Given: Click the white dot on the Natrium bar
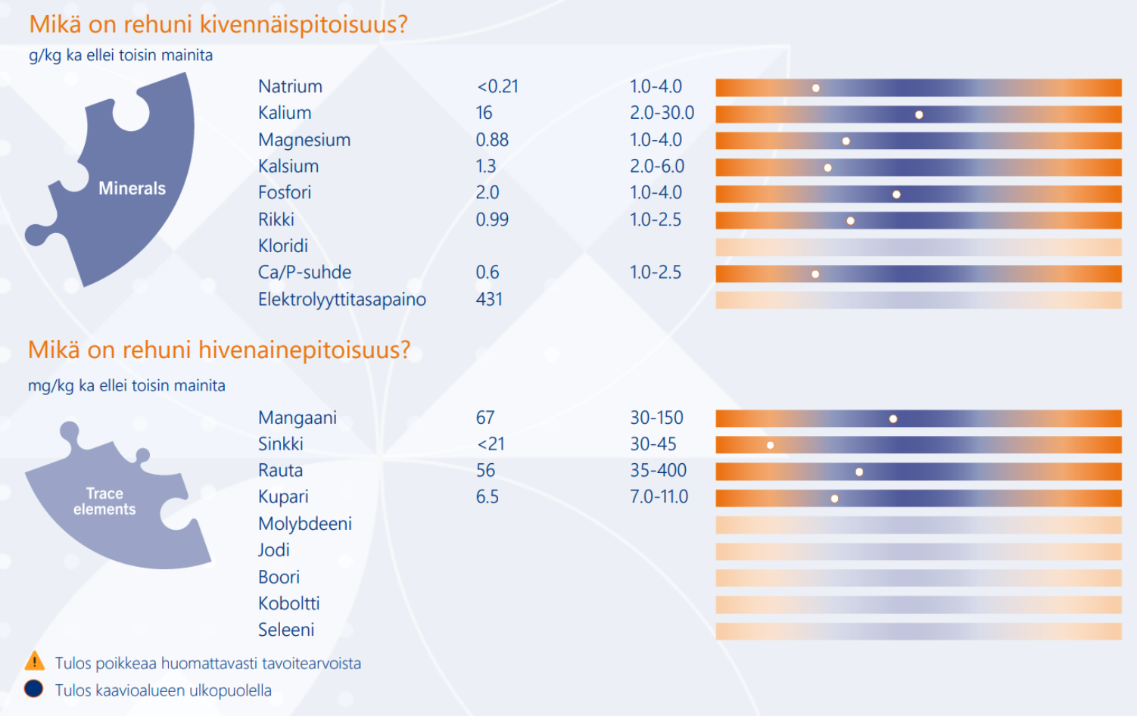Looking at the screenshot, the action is pyautogui.click(x=816, y=89).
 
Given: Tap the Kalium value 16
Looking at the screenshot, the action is pyautogui.click(x=484, y=113).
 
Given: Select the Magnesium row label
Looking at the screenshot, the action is pyautogui.click(x=304, y=139).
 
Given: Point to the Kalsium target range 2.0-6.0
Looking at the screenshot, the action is pyautogui.click(x=657, y=166).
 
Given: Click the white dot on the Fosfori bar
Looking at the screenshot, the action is pyautogui.click(x=896, y=195).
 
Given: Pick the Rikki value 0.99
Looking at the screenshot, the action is pyautogui.click(x=492, y=219).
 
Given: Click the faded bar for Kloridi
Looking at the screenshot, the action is pyautogui.click(x=918, y=247).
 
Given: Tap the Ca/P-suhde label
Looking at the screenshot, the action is pyautogui.click(x=304, y=272).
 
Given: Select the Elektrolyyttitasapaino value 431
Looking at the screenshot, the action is pyautogui.click(x=489, y=299).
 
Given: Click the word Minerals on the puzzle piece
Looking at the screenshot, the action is pyautogui.click(x=132, y=188).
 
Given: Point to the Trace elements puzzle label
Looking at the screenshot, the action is pyautogui.click(x=104, y=501).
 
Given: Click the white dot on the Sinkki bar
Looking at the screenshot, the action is pyautogui.click(x=770, y=446).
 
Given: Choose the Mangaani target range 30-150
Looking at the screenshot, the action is pyautogui.click(x=657, y=418).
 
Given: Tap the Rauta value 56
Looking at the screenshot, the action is pyautogui.click(x=485, y=471).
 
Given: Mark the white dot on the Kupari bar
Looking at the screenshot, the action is pyautogui.click(x=834, y=499).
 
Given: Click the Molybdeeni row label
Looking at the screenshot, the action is pyautogui.click(x=304, y=524).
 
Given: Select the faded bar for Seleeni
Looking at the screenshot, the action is pyautogui.click(x=918, y=631).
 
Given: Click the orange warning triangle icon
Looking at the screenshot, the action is pyautogui.click(x=35, y=662).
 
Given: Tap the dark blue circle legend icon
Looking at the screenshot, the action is pyautogui.click(x=33, y=689).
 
